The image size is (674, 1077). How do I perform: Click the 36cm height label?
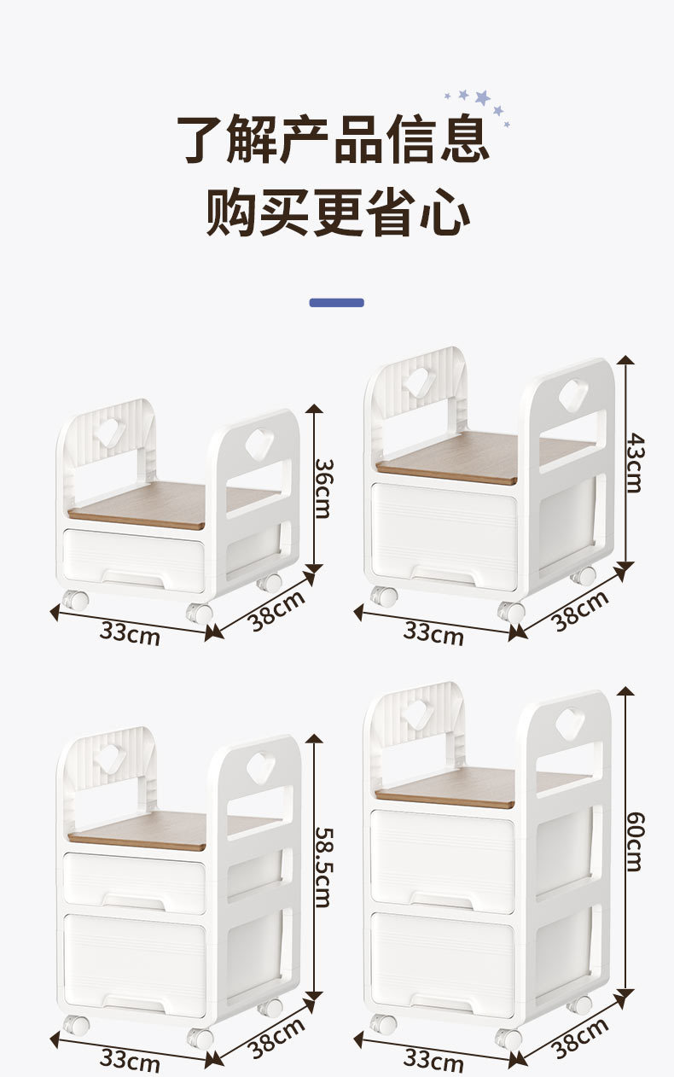point(323,488)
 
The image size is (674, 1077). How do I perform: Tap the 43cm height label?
point(633,462)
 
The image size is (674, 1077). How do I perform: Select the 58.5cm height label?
point(323,866)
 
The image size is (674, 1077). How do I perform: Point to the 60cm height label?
point(633,841)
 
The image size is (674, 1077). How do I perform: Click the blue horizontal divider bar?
point(336,302)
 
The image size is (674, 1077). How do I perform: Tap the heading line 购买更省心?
point(337,212)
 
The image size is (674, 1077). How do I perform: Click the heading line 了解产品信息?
point(333,138)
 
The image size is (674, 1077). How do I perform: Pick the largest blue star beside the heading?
point(483,96)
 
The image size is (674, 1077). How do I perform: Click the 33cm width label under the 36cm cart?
point(130,632)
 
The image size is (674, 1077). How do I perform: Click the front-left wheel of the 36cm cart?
point(75,600)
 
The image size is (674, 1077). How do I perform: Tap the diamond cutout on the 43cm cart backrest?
point(419,381)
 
